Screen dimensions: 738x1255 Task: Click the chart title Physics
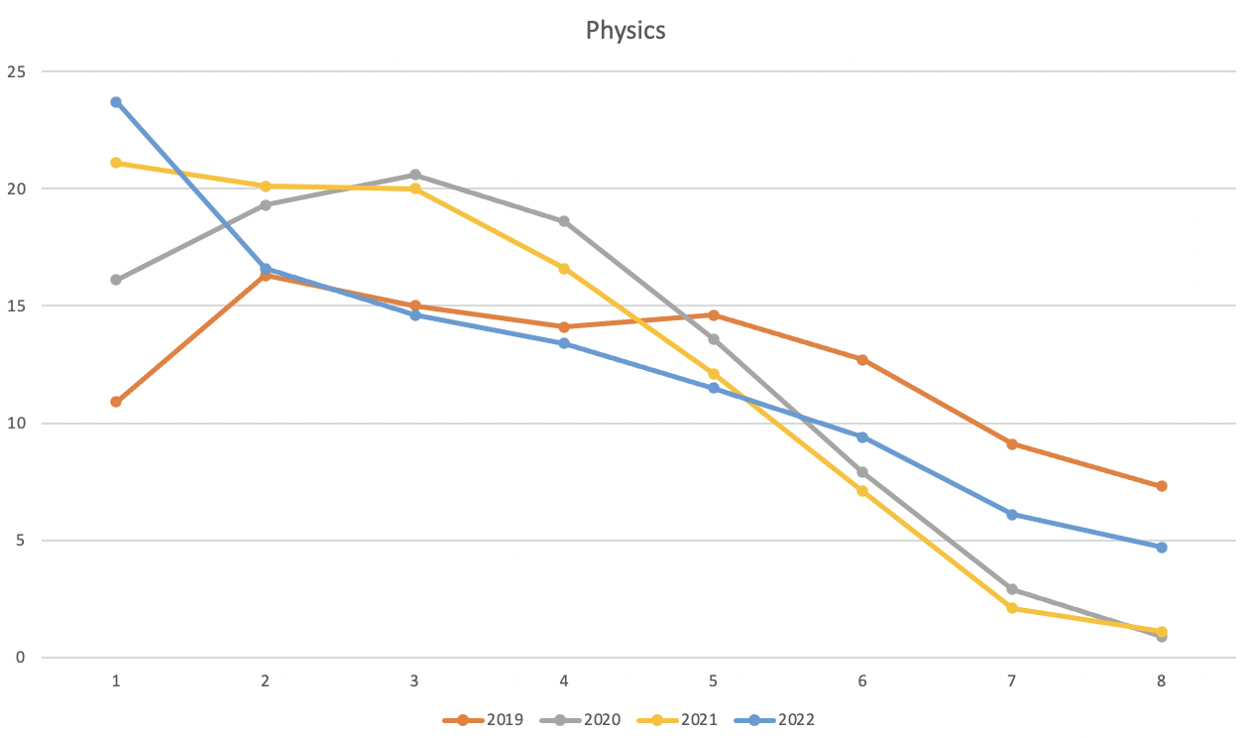(x=626, y=31)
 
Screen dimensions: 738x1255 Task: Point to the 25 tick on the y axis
(x=16, y=71)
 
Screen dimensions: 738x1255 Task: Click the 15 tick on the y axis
(x=16, y=306)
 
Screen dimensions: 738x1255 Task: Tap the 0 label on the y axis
(x=20, y=658)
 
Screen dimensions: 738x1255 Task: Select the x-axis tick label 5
(x=713, y=681)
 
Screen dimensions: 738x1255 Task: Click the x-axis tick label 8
(x=1161, y=681)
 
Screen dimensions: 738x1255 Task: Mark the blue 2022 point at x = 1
(x=116, y=102)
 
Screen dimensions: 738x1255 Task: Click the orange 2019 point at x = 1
(x=116, y=402)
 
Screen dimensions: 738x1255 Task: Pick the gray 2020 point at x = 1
(x=116, y=280)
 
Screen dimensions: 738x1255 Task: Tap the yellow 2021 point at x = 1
(x=116, y=163)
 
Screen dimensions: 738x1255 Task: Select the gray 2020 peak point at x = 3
(x=414, y=175)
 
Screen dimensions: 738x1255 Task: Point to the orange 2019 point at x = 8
(x=1161, y=486)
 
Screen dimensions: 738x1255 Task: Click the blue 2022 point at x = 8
(x=1161, y=548)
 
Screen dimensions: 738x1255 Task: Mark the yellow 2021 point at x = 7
(x=1011, y=608)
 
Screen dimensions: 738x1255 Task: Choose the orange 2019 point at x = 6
(x=862, y=359)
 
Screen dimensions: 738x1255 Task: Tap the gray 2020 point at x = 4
(x=564, y=221)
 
